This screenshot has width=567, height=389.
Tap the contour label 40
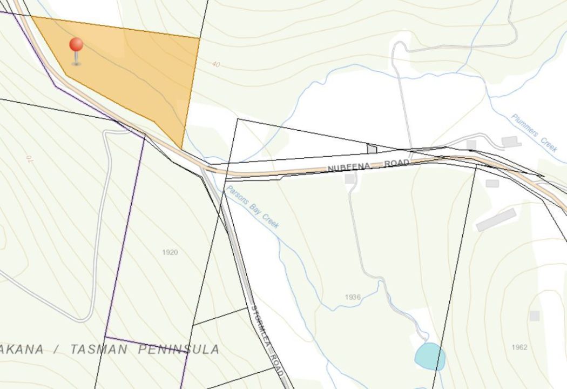pos(216,64)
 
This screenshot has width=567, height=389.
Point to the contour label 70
pos(28,160)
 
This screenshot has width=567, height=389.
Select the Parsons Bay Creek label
pos(253,207)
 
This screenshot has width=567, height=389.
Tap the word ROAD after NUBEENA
pos(397,163)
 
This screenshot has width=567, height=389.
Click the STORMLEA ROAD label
pos(267,340)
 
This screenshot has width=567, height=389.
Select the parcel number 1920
pos(170,252)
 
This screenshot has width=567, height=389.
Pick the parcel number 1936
pos(353,297)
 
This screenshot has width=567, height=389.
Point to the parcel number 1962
pos(519,347)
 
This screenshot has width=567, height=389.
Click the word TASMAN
pos(99,349)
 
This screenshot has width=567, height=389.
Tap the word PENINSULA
pos(179,349)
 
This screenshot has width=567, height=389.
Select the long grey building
pos(496,220)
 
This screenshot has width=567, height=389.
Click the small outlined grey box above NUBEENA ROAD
pos(372,149)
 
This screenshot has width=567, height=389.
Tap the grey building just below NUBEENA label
pos(350,178)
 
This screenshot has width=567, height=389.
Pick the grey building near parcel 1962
pos(534,316)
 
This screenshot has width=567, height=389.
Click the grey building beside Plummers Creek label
pos(511,142)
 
